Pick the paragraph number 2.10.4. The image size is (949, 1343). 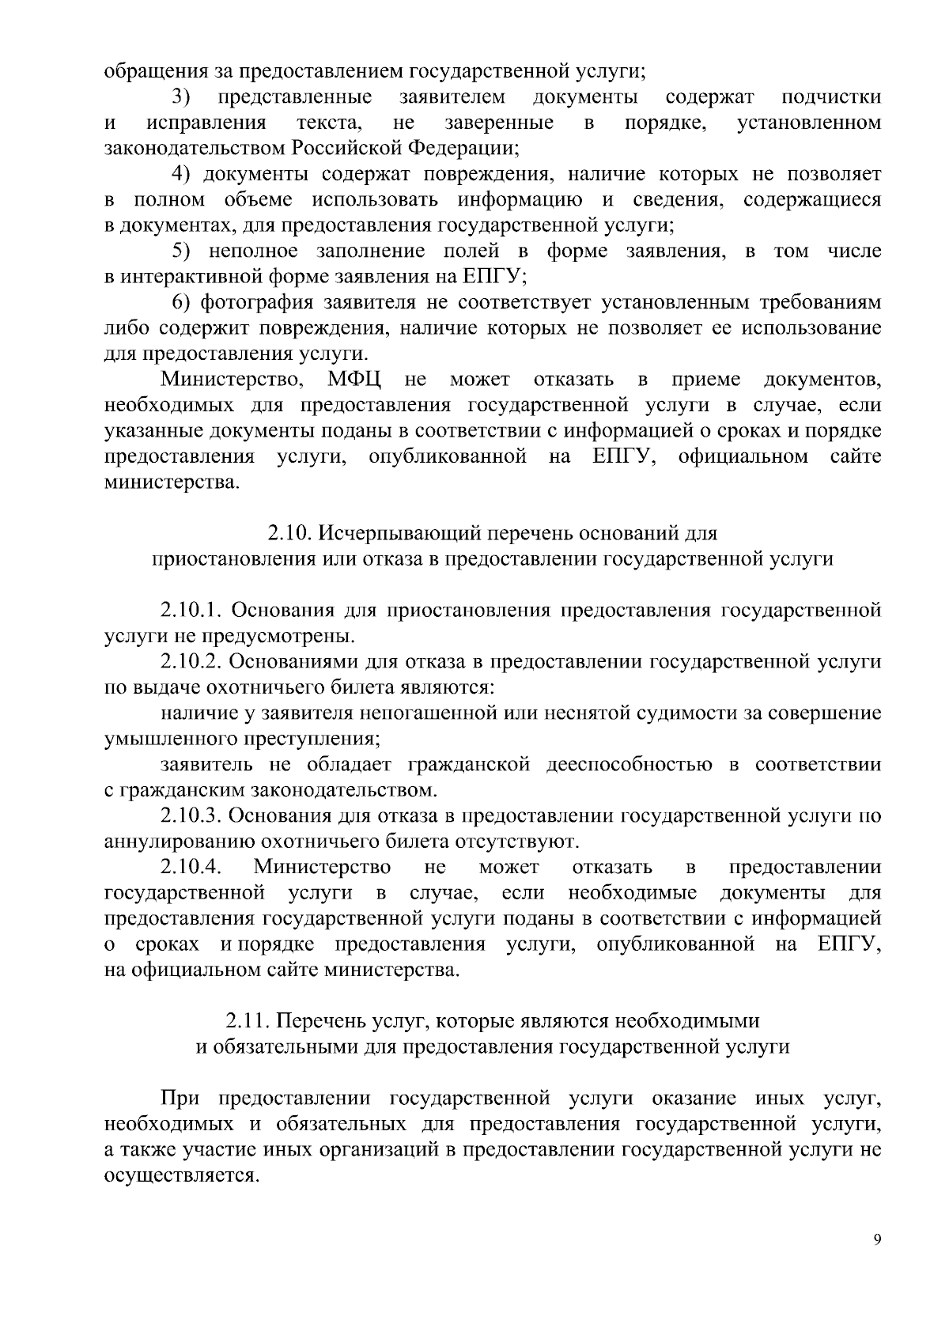[x=190, y=867]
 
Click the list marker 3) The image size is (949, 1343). [x=182, y=97]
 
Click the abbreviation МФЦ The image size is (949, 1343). [x=355, y=380]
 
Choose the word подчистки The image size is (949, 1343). [x=831, y=97]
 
